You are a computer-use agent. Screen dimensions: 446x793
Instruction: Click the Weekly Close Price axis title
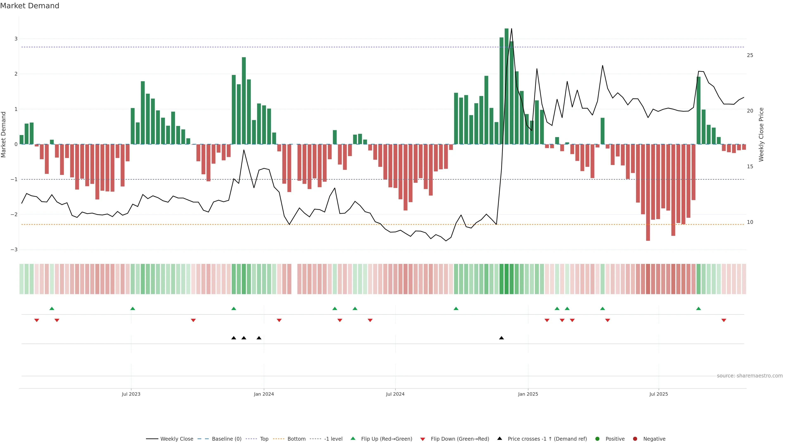(761, 134)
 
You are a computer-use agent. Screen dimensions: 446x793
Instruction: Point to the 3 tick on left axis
(16, 39)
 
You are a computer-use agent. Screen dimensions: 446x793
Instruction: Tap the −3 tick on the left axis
(14, 250)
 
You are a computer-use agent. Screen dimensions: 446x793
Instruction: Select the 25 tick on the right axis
(750, 55)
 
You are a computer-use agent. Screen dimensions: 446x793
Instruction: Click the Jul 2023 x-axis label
(131, 394)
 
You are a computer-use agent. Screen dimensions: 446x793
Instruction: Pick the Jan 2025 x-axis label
(528, 394)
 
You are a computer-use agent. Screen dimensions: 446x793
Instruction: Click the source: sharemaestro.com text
(750, 376)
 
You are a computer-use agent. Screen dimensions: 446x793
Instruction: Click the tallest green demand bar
(506, 86)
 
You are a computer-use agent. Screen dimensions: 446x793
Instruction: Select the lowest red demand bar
(648, 192)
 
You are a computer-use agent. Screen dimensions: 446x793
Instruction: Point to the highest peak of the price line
(512, 29)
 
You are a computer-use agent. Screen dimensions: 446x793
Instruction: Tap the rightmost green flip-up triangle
(698, 308)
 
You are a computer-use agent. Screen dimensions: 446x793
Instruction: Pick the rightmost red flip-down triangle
(724, 320)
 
